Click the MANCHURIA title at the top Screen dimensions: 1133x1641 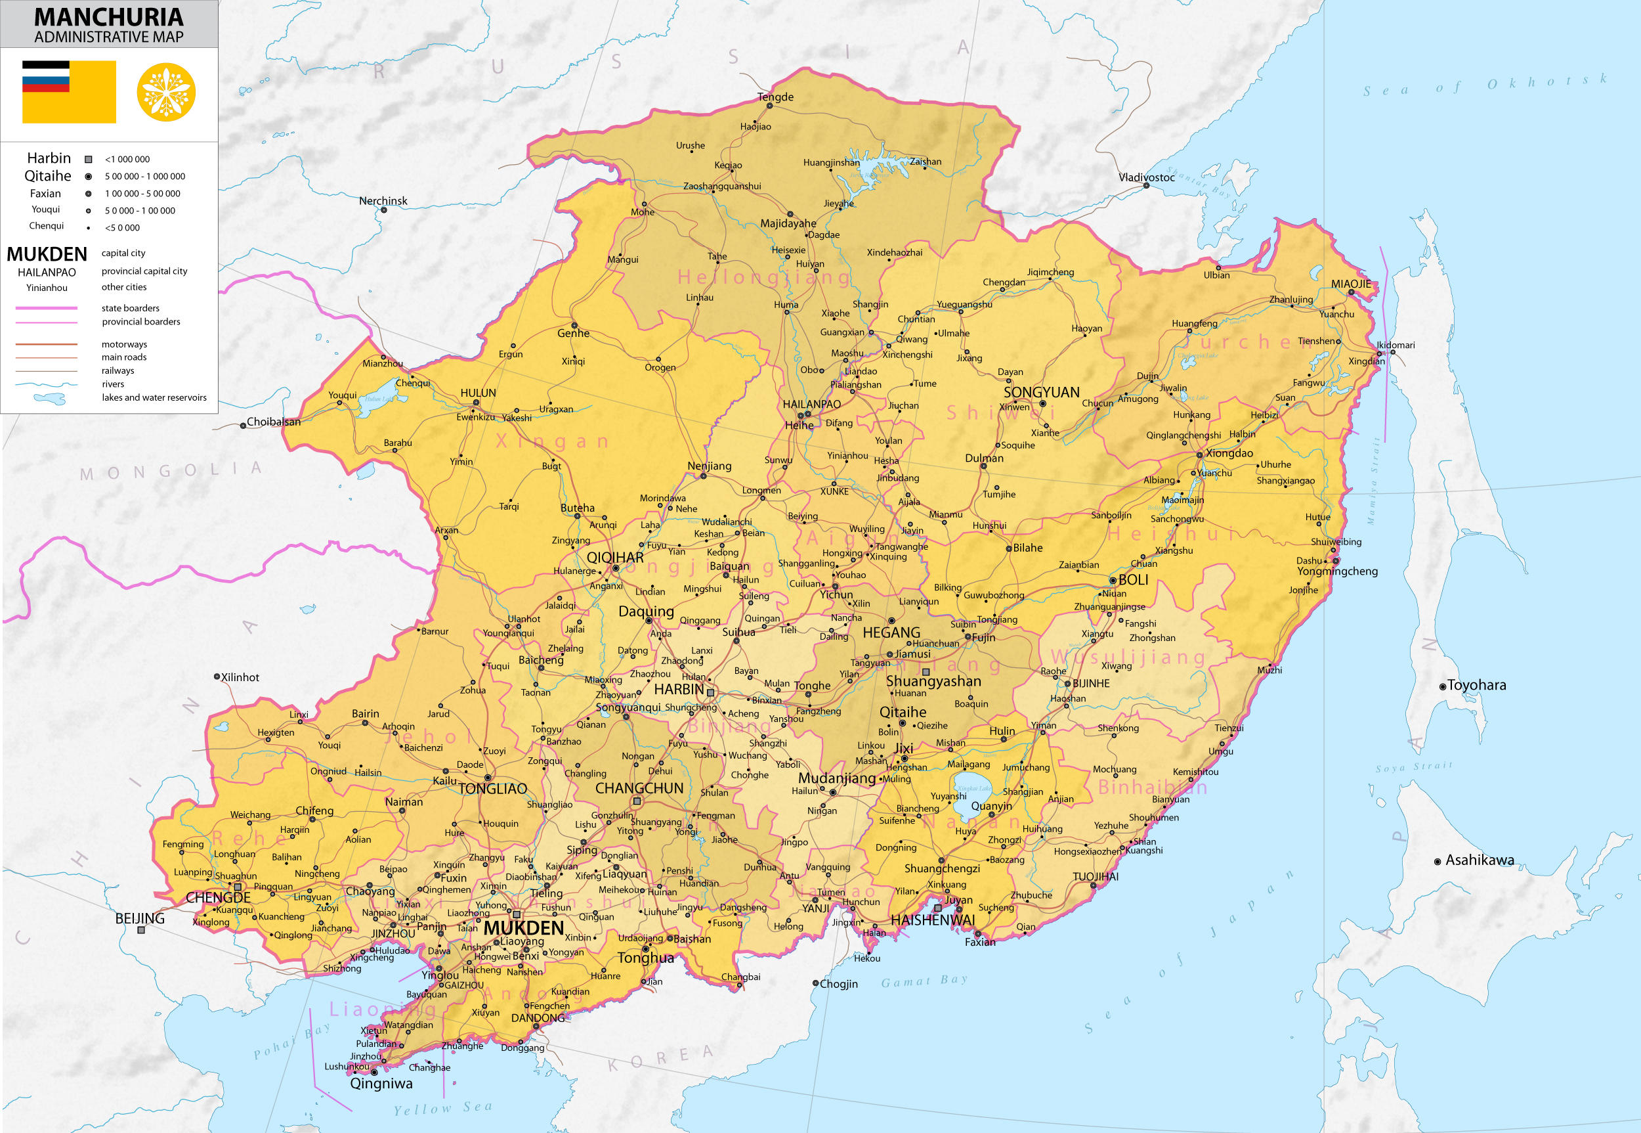(x=108, y=17)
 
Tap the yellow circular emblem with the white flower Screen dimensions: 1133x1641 (x=165, y=93)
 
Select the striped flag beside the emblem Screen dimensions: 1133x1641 (x=69, y=91)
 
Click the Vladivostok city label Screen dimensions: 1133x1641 (x=1146, y=177)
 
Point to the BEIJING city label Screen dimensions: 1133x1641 (x=140, y=918)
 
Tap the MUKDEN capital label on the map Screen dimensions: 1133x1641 (x=524, y=928)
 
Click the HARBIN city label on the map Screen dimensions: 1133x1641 (x=678, y=688)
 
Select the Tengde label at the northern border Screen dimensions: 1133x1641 (x=775, y=97)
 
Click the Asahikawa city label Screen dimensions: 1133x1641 (x=1480, y=860)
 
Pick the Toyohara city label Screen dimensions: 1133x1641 (x=1476, y=685)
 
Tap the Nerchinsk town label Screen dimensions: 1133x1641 (x=383, y=201)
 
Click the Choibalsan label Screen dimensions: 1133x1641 (x=273, y=422)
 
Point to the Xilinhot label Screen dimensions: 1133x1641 (x=240, y=677)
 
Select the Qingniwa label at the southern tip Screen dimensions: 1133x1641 (x=381, y=1083)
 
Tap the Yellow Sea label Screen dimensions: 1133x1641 (x=442, y=1107)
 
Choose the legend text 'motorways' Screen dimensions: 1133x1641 (x=124, y=344)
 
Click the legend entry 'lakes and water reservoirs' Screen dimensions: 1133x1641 (x=154, y=397)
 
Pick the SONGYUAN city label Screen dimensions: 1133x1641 (x=1041, y=392)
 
